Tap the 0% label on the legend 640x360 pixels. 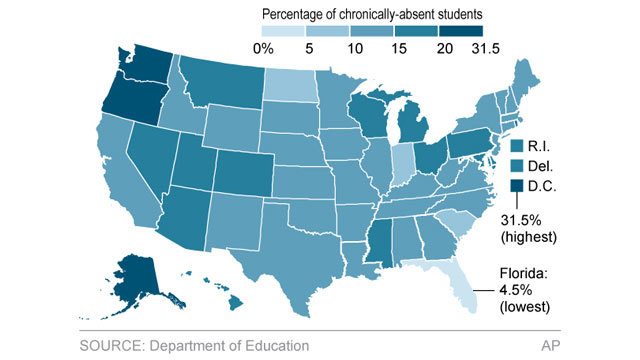tap(263, 48)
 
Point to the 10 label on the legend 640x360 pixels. tap(357, 48)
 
